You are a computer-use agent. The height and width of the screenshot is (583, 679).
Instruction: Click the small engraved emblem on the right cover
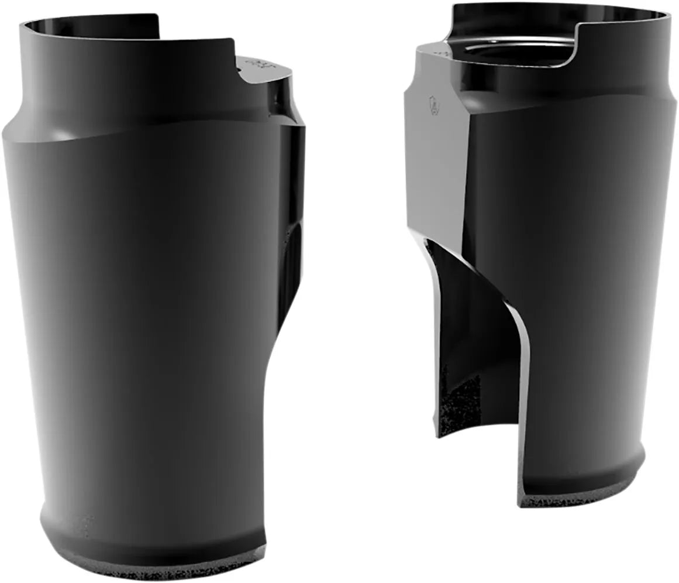434,105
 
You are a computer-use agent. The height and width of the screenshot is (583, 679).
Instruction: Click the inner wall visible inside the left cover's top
88,29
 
